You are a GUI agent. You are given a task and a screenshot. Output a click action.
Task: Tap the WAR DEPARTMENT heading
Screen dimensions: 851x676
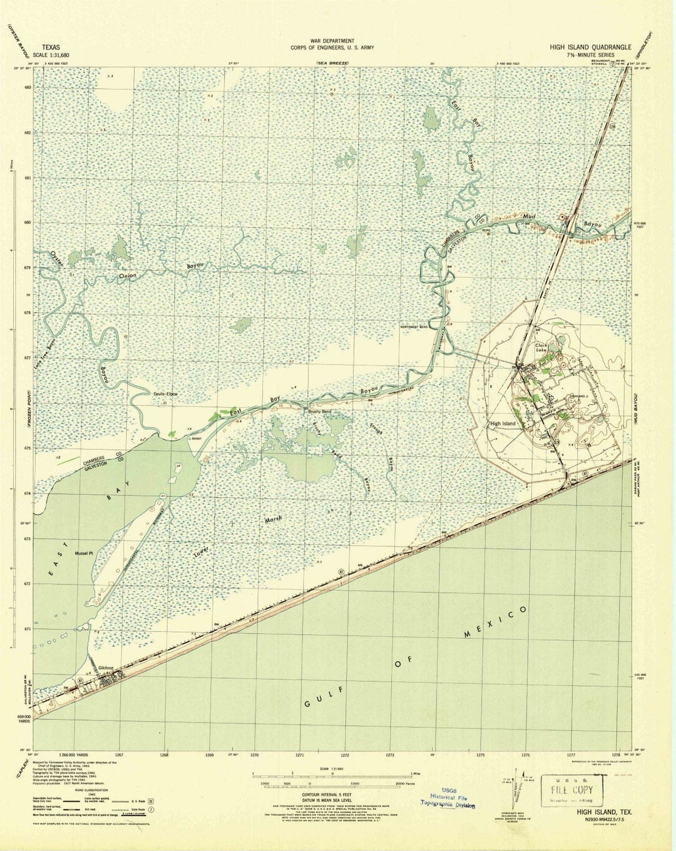(x=337, y=41)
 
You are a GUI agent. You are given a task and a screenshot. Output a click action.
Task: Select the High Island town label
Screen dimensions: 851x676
(x=503, y=423)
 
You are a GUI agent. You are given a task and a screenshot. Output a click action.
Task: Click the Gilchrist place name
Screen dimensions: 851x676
(x=101, y=668)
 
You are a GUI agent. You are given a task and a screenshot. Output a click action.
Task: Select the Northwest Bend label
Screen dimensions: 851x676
(x=415, y=326)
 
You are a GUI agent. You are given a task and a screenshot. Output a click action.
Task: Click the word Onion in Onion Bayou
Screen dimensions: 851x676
(x=136, y=275)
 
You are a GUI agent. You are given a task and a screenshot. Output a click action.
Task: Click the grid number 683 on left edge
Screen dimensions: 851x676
(x=27, y=88)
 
